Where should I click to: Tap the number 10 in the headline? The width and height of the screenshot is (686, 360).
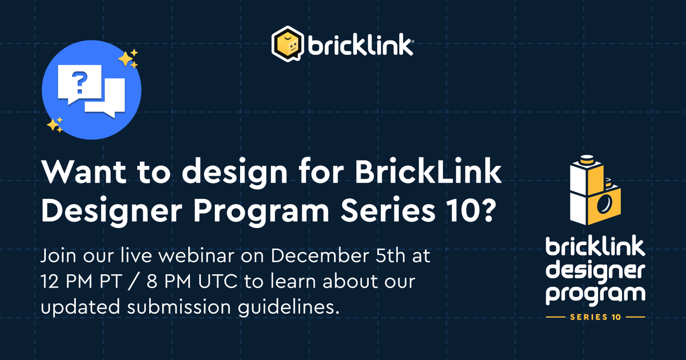[465, 213]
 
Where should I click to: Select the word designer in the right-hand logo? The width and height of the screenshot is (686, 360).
[595, 271]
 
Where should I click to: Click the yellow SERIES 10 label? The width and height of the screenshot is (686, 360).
[595, 317]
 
